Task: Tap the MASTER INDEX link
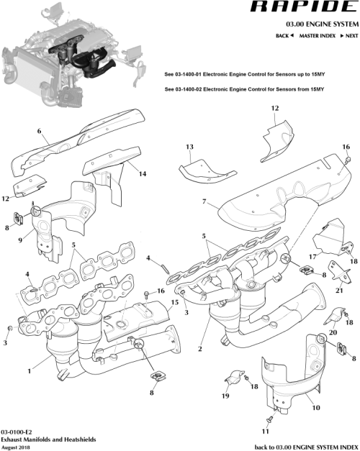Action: (317, 35)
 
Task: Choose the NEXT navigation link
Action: (349, 35)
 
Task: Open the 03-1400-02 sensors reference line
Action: (245, 89)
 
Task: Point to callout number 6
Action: (40, 132)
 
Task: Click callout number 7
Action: (205, 201)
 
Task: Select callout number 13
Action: (189, 147)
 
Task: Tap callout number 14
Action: (143, 173)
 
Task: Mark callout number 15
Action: (175, 304)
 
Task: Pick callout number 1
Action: (29, 371)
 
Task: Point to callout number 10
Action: (315, 407)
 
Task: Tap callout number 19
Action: (225, 395)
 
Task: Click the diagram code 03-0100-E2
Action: (16, 428)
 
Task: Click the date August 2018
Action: (16, 446)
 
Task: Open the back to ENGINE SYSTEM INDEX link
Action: (307, 446)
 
